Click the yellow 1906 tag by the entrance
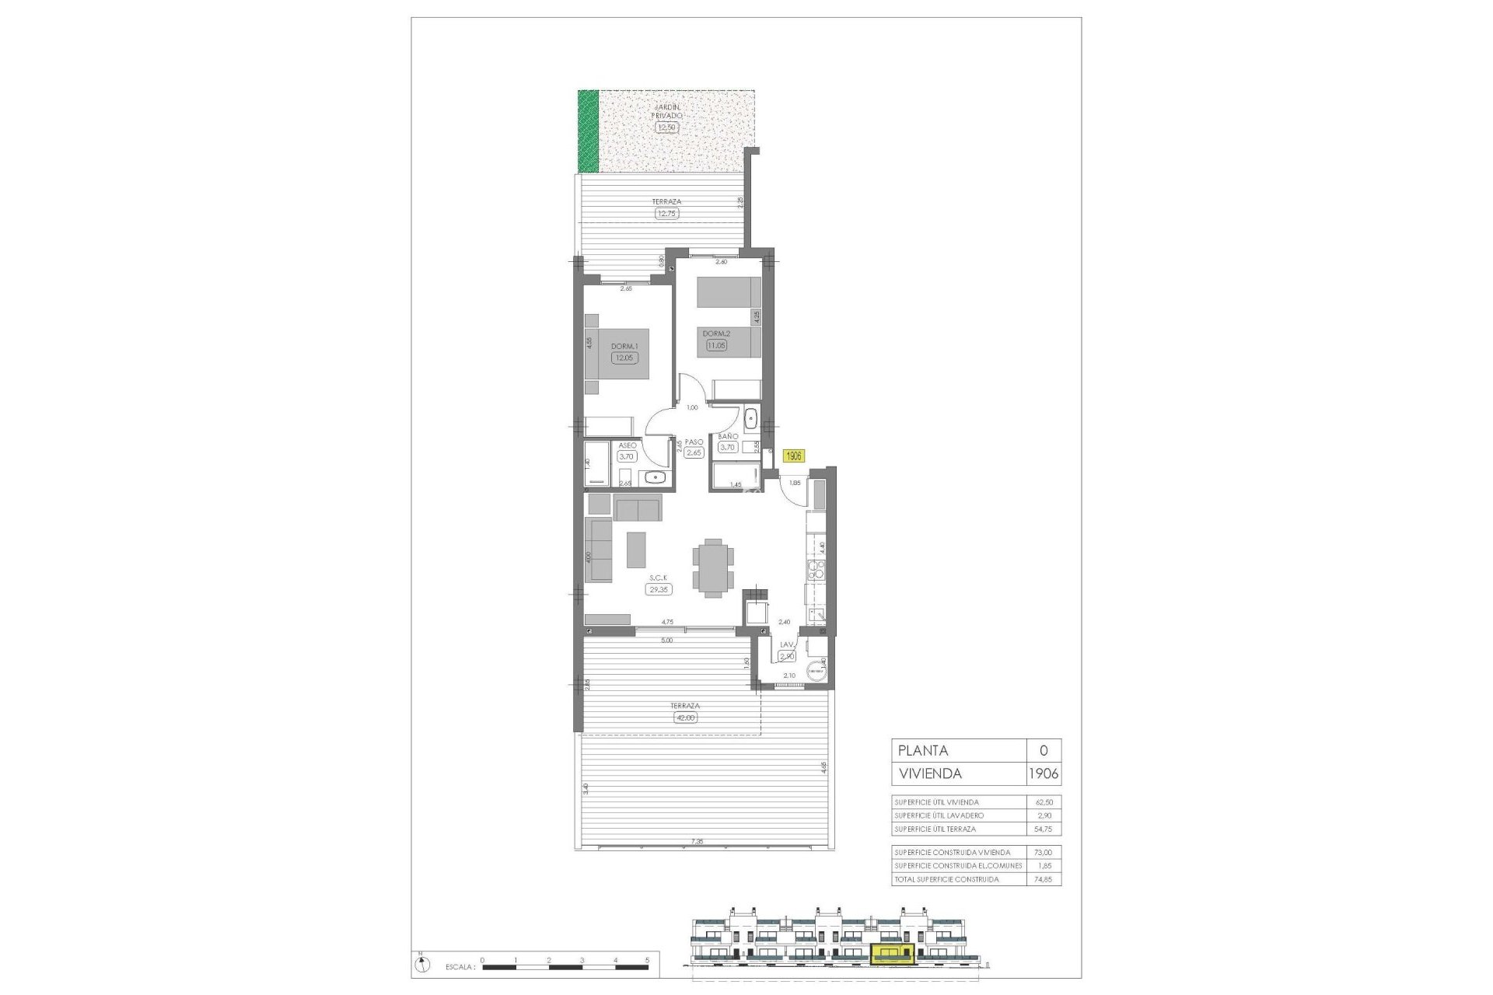tap(794, 456)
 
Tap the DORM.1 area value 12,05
tap(624, 358)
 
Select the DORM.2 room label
tap(715, 334)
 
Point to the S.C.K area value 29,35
tap(659, 589)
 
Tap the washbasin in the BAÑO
tap(750, 418)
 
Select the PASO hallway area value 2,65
tap(694, 453)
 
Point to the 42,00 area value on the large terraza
tap(686, 717)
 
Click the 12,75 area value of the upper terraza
tap(667, 213)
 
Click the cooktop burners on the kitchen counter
tap(816, 570)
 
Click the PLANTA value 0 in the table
tap(1044, 750)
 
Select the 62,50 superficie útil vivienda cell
tap(1043, 801)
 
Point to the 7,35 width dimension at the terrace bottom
tap(697, 841)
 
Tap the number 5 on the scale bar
tap(648, 960)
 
